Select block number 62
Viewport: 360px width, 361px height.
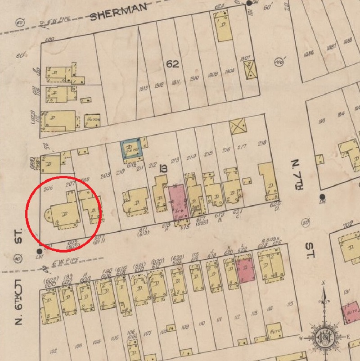[172, 64]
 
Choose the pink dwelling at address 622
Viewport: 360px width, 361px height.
[245, 271]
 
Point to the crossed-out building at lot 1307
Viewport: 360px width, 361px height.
[248, 70]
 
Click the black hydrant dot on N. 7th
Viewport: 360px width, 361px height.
[322, 197]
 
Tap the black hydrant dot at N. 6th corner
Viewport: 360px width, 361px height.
[40, 251]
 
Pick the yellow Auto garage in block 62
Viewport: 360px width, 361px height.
[92, 120]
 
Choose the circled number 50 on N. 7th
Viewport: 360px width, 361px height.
[306, 222]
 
